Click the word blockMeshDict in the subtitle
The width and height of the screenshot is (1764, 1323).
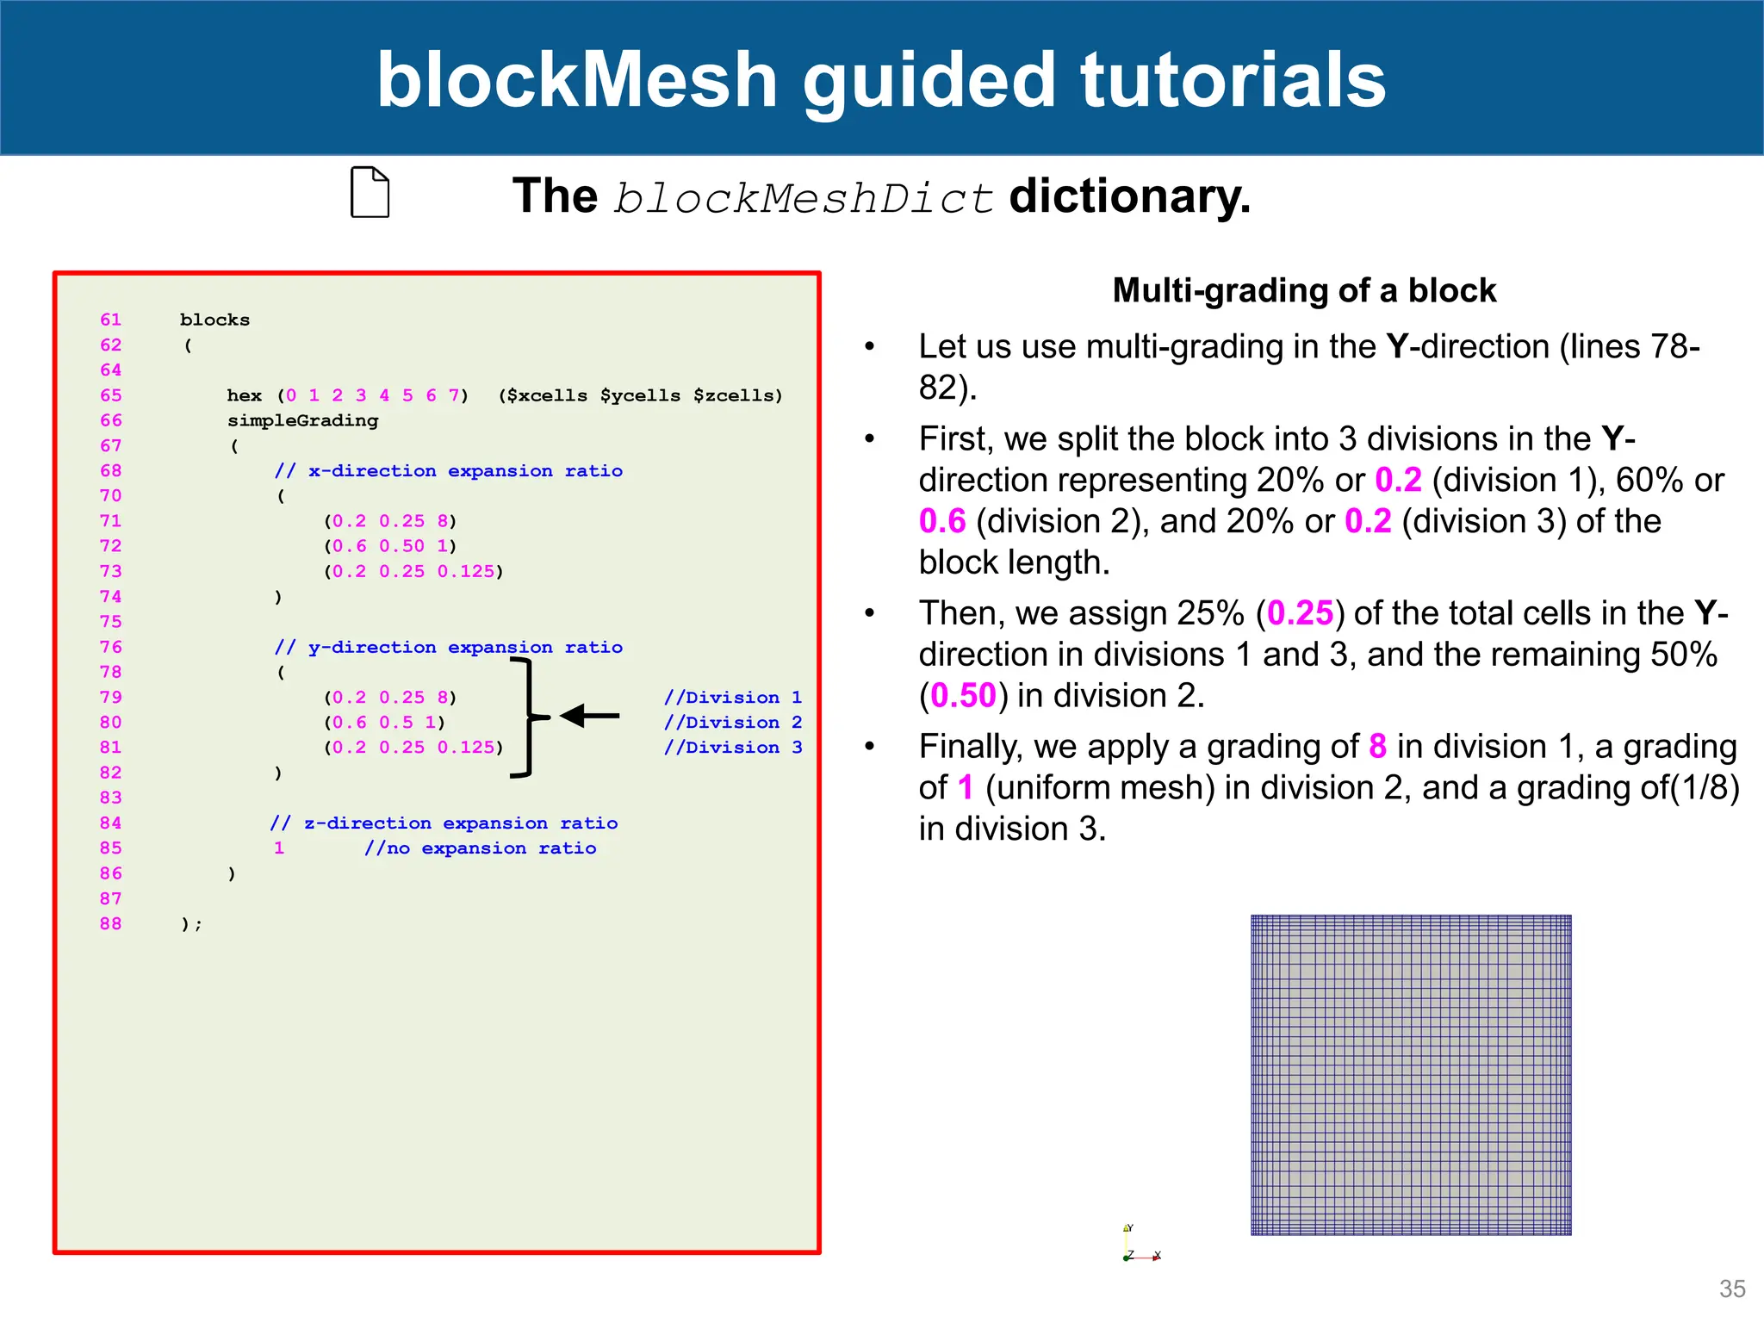coord(804,198)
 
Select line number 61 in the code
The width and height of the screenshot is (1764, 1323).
coord(111,320)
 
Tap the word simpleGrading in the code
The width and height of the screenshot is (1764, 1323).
coord(302,420)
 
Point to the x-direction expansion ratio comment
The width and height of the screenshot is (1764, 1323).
coord(448,471)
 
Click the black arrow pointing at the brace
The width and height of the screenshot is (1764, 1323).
coord(590,716)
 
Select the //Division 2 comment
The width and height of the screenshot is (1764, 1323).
coord(733,723)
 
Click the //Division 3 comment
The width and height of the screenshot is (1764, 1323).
coord(733,748)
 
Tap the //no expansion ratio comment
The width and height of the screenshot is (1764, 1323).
coord(480,848)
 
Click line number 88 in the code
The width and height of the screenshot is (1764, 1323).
coord(111,924)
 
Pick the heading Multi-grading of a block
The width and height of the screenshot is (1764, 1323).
coord(1304,290)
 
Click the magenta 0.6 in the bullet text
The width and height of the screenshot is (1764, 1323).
coord(942,521)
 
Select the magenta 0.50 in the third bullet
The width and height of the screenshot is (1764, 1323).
coord(963,696)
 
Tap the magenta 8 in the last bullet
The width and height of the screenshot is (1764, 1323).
coord(1377,746)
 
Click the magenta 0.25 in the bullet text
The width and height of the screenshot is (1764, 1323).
coord(1300,613)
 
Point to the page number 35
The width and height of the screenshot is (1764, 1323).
coord(1732,1289)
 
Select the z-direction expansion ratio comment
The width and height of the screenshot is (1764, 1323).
coord(444,823)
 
